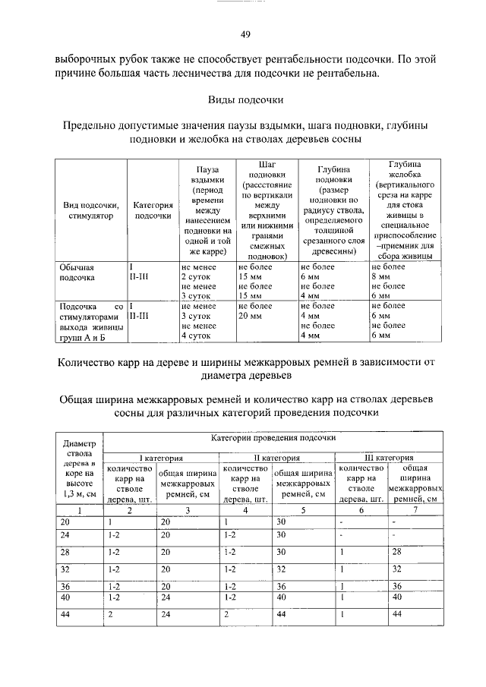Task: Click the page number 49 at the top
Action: (x=245, y=33)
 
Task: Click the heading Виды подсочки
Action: (x=245, y=99)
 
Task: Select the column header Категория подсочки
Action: (x=153, y=210)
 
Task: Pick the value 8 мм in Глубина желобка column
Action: (x=380, y=277)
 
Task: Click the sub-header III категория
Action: (x=389, y=458)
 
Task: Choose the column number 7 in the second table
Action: (x=414, y=510)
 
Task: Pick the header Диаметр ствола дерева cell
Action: (x=80, y=469)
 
